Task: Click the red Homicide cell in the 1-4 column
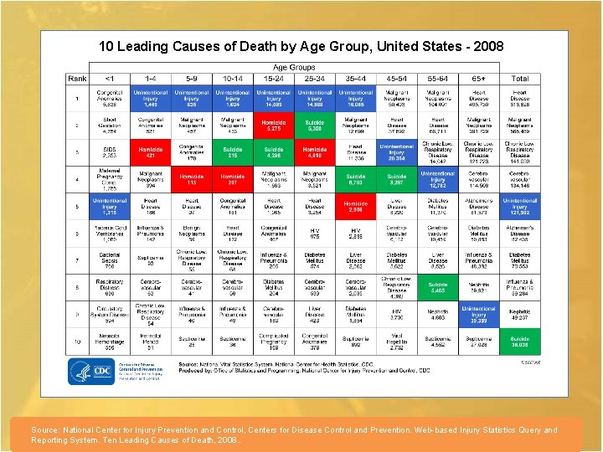151,152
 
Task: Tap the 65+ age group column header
478,79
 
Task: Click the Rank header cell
78,79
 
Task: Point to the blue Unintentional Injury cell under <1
110,206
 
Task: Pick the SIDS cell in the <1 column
110,152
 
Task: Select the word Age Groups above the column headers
294,68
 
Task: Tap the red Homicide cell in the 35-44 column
355,206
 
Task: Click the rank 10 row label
78,342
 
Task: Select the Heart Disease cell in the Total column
519,97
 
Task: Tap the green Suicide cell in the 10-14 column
233,152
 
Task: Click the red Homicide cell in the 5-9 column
192,178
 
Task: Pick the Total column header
519,79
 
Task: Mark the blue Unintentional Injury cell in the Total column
519,206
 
